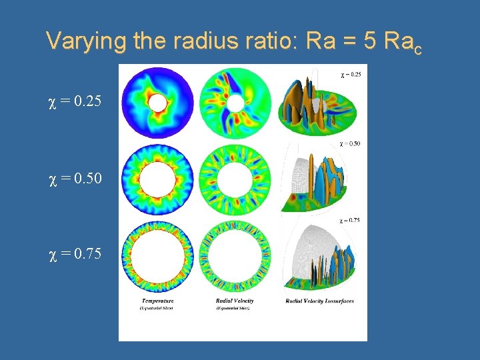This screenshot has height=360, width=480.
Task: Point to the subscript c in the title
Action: [417, 49]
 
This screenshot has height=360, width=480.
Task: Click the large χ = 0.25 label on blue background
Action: [75, 103]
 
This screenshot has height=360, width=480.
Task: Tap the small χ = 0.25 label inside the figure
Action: [351, 74]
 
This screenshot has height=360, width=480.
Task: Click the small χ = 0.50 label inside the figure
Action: [350, 143]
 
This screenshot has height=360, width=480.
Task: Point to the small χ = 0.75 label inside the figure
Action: [350, 219]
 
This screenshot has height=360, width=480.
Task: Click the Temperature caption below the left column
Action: [158, 301]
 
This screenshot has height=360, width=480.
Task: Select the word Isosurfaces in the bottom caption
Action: [336, 301]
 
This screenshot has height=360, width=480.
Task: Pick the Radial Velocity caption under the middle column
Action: [235, 301]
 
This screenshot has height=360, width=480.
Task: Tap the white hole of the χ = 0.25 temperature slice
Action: [158, 103]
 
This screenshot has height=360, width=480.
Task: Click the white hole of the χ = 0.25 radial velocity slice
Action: [235, 103]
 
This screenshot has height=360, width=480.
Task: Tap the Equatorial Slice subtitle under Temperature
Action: [158, 309]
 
